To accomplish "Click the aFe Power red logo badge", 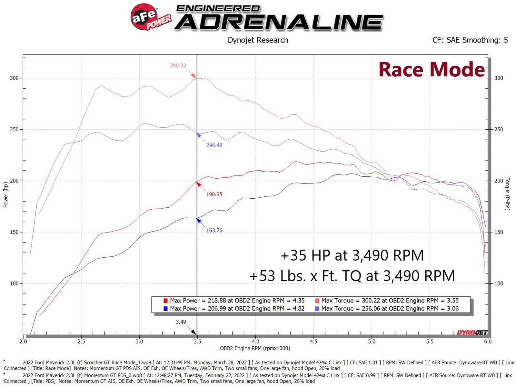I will click(x=144, y=17).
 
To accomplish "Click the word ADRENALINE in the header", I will click(x=279, y=22).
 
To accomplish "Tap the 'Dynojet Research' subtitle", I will click(x=258, y=40).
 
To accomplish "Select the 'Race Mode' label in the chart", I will click(x=432, y=69).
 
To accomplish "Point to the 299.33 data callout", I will click(x=178, y=65).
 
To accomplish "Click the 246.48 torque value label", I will click(x=214, y=145).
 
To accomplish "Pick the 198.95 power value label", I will click(x=214, y=194).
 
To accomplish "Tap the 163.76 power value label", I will click(x=214, y=231).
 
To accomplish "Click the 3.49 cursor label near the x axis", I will click(x=181, y=322).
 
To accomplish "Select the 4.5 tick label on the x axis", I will click(x=313, y=342).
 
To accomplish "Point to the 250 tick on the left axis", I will click(x=14, y=129).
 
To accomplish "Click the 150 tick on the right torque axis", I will click(x=499, y=232).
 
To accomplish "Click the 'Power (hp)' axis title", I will click(x=5, y=195).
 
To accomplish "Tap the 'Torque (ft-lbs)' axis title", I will click(x=507, y=194).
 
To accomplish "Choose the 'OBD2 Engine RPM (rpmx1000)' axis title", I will click(x=255, y=348).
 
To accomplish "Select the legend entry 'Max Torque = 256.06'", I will click(x=390, y=309).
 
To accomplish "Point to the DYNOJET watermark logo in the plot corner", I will click(x=472, y=332).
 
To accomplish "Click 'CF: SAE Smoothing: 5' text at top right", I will click(x=470, y=40).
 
